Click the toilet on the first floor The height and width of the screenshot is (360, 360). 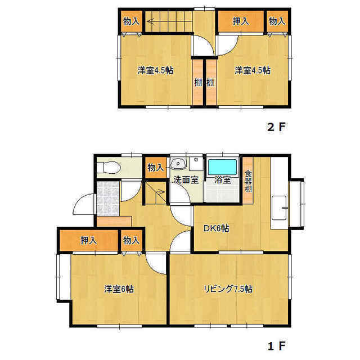tap(109, 168)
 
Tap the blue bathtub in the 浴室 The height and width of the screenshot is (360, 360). tap(222, 167)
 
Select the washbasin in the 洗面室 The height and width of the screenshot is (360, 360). tap(178, 163)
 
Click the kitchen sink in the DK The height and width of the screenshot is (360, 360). tap(279, 208)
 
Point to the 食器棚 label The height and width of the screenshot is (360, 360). tap(248, 181)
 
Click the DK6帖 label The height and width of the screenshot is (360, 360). tap(216, 228)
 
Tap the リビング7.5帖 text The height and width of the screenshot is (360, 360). tap(228, 289)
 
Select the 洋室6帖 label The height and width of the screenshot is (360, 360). tap(119, 289)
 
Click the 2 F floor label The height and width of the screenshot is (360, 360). tap(276, 127)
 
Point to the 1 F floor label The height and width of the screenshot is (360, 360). tap(276, 346)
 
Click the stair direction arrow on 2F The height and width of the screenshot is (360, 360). tap(169, 22)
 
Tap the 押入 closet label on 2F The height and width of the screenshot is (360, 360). tap(241, 21)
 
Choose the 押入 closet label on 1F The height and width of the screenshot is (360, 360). tap(89, 240)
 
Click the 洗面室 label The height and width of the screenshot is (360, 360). tap(186, 180)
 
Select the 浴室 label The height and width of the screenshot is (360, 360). tap(223, 180)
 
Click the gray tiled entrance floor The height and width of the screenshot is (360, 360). tap(108, 199)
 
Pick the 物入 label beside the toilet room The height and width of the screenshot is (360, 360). tap(156, 168)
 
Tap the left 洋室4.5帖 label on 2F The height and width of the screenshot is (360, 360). tap(155, 70)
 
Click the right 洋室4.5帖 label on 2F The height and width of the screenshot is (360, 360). tap(253, 70)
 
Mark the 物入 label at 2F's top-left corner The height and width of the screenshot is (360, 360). tap(131, 21)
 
